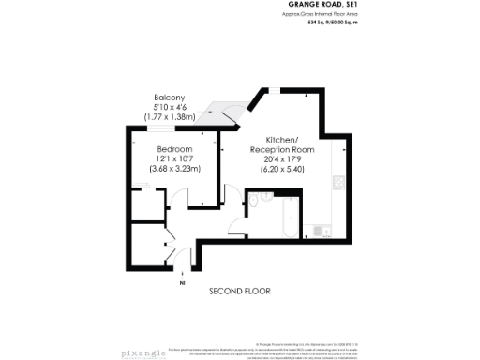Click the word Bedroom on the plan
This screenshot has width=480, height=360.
(x=174, y=150)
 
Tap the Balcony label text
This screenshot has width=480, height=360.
(x=170, y=97)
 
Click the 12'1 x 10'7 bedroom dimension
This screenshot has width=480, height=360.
(x=174, y=159)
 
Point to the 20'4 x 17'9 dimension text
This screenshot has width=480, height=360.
(x=281, y=159)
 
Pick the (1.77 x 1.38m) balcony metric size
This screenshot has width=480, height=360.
(x=170, y=116)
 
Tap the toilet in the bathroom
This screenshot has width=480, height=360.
(x=264, y=198)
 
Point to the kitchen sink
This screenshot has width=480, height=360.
(x=323, y=228)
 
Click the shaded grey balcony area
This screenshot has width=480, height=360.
(x=225, y=111)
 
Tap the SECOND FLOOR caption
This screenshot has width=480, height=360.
(x=239, y=292)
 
